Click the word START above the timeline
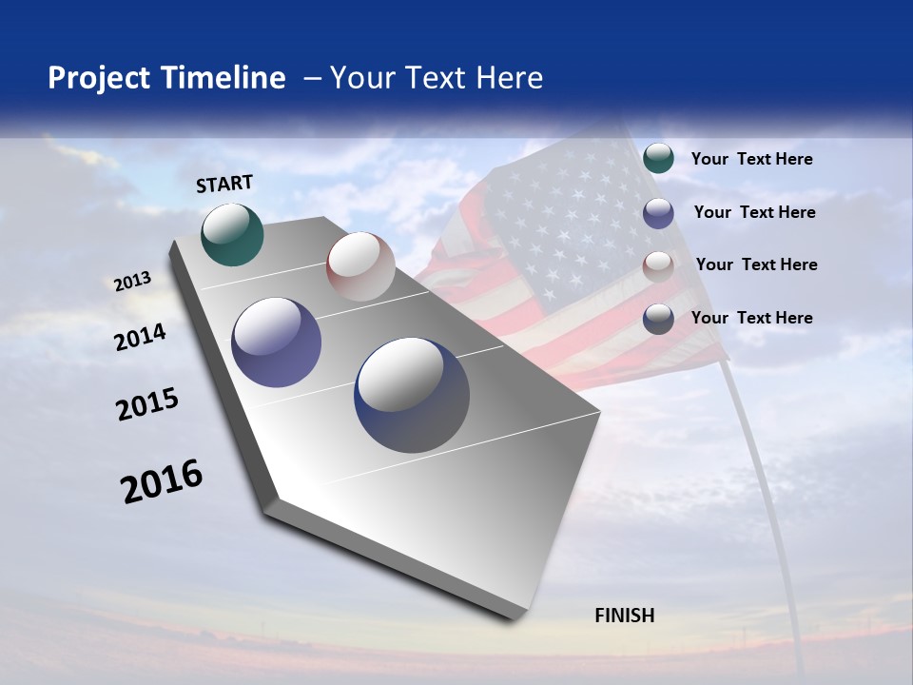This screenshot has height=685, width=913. click(224, 184)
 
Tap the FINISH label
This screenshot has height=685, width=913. click(624, 616)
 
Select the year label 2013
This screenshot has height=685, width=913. click(132, 282)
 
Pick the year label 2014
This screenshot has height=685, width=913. click(140, 337)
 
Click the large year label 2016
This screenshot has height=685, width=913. click(162, 481)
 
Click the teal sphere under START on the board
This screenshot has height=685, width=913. click(232, 234)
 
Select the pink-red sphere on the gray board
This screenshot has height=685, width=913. click(360, 266)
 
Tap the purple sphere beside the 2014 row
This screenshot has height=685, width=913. click(276, 342)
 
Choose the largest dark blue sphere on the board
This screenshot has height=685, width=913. click(411, 395)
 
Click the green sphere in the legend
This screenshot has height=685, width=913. click(658, 158)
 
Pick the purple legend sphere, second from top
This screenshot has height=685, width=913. click(658, 213)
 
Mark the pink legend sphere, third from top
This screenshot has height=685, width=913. click(658, 266)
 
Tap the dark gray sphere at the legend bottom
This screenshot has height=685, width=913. click(658, 319)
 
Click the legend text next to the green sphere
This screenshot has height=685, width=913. click(751, 159)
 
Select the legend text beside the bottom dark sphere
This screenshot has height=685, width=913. click(751, 318)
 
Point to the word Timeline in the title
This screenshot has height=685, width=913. click(227, 78)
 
